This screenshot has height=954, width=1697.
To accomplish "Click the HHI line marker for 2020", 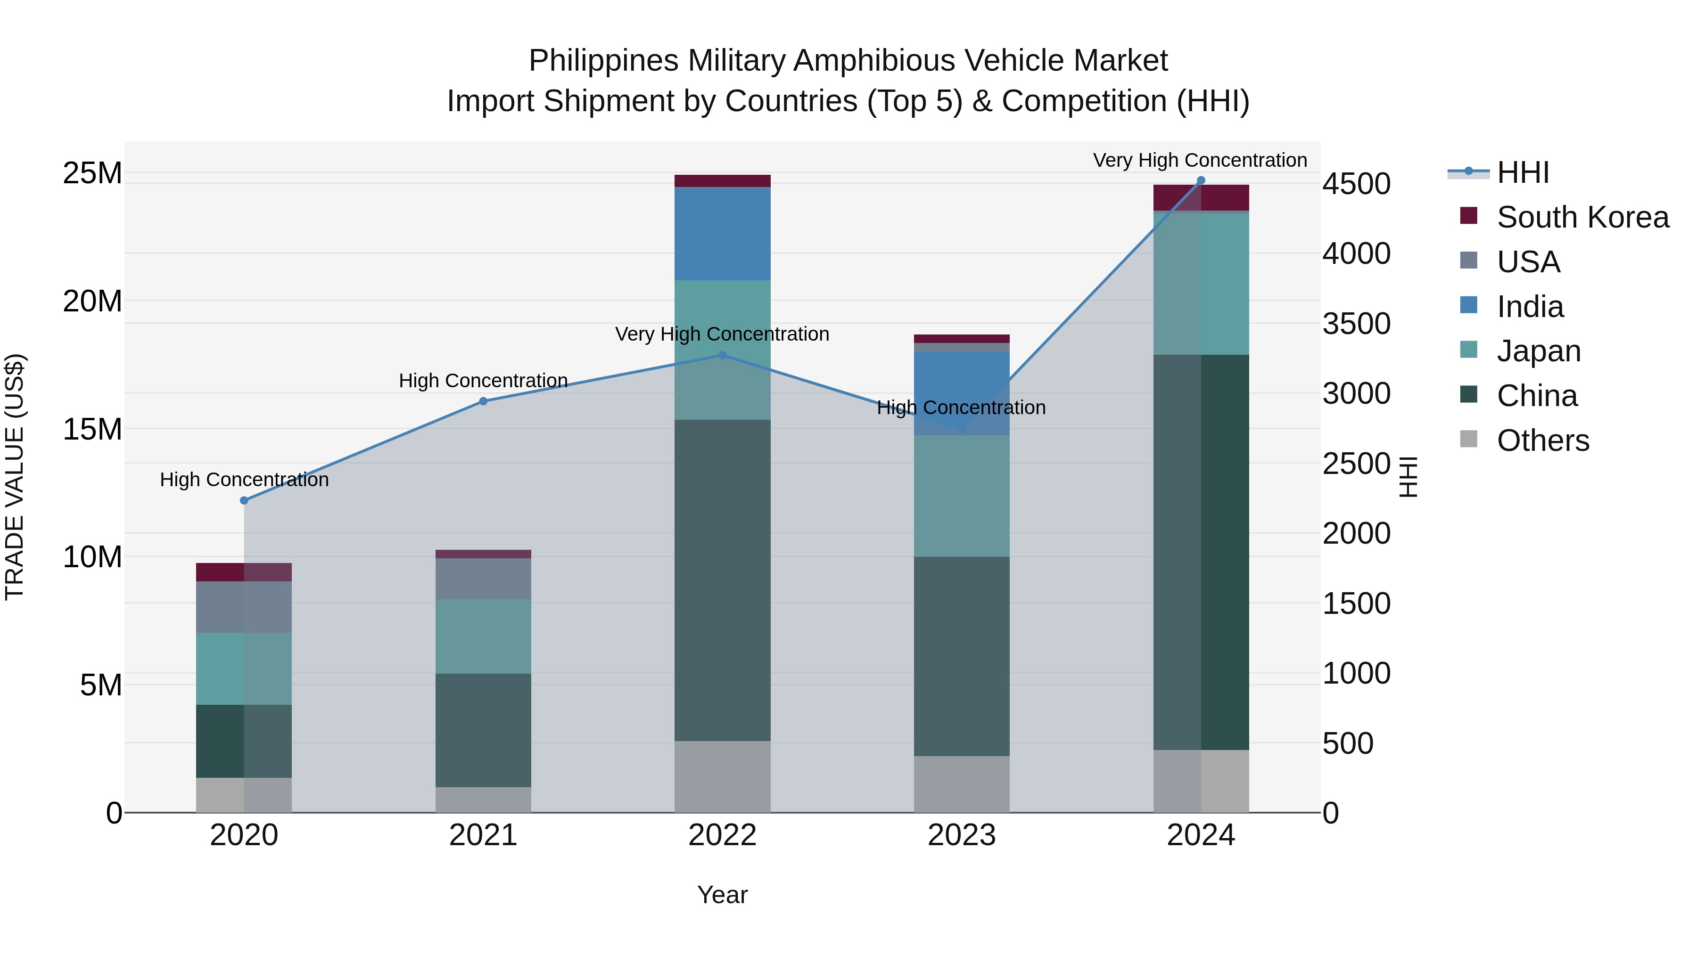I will click(x=244, y=500).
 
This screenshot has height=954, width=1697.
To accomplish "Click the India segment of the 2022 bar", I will click(x=722, y=234).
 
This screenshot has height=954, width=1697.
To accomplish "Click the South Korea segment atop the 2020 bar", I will click(x=244, y=571).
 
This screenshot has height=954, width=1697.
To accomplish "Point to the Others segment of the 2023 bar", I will click(x=961, y=783).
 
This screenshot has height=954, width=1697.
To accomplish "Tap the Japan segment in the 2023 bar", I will click(x=961, y=496).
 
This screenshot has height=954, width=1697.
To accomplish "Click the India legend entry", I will click(x=1530, y=307).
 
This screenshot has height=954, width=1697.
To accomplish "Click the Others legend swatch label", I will click(x=1542, y=440).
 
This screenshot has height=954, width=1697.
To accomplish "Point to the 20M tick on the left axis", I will click(x=92, y=302).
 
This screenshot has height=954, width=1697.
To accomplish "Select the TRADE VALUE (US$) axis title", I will click(x=15, y=477).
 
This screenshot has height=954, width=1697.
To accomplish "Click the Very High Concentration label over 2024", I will click(x=1200, y=160).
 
